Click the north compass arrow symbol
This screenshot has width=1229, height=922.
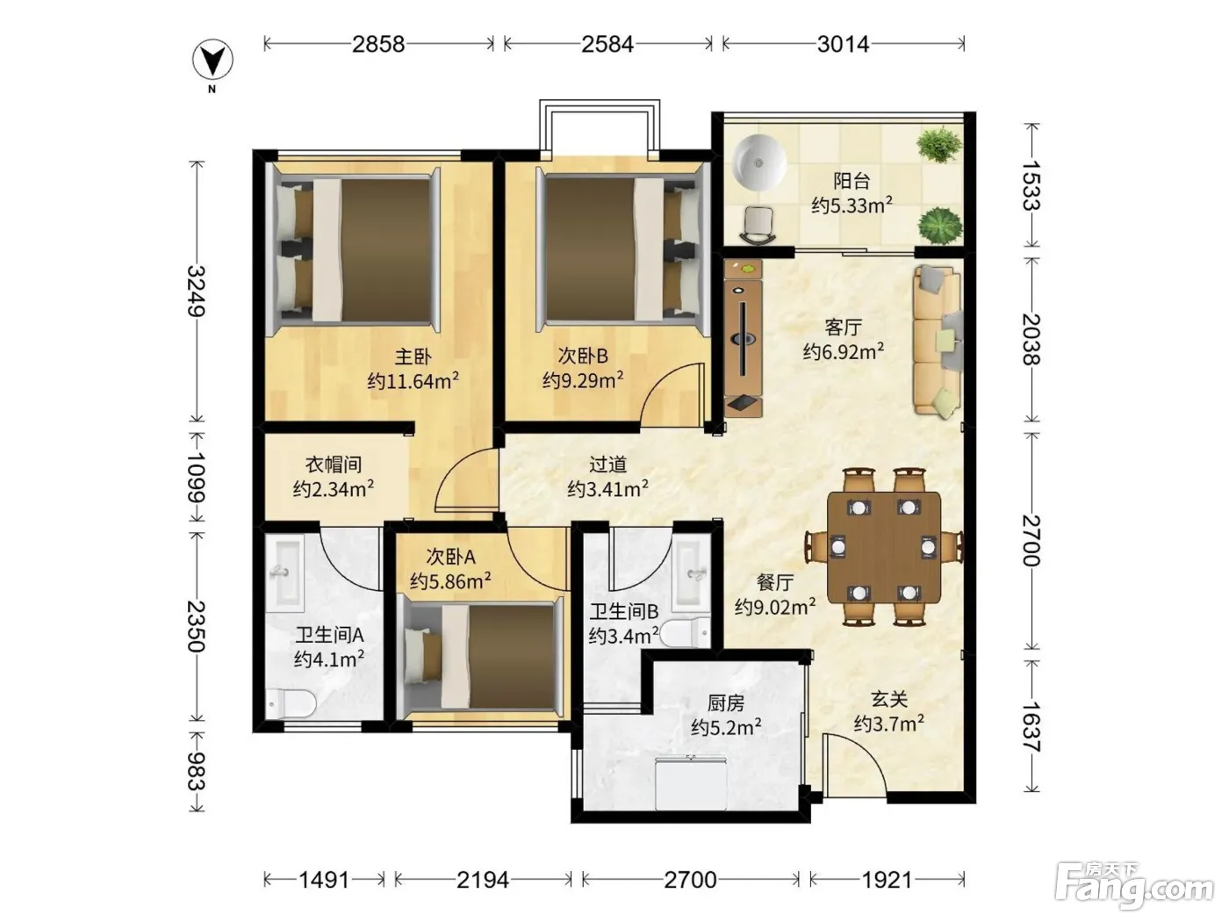212,60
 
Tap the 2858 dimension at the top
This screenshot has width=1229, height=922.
378,44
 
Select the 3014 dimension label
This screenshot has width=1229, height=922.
843,44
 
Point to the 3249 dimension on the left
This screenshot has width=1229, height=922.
196,292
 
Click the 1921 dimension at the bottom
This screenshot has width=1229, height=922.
887,880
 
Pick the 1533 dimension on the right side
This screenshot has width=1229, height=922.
1031,185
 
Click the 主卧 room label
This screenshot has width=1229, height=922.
413,357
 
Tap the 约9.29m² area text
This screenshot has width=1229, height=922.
582,381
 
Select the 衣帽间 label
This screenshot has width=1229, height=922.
333,465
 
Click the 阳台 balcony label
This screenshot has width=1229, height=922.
852,181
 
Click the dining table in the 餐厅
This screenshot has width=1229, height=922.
884,547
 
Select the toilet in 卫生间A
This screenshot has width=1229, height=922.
291,702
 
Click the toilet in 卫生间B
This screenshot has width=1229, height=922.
686,632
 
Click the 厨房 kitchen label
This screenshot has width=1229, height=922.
726,703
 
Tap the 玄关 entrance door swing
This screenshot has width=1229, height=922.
855,765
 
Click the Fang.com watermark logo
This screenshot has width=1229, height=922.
1134,888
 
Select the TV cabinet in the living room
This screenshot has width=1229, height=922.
743,338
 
